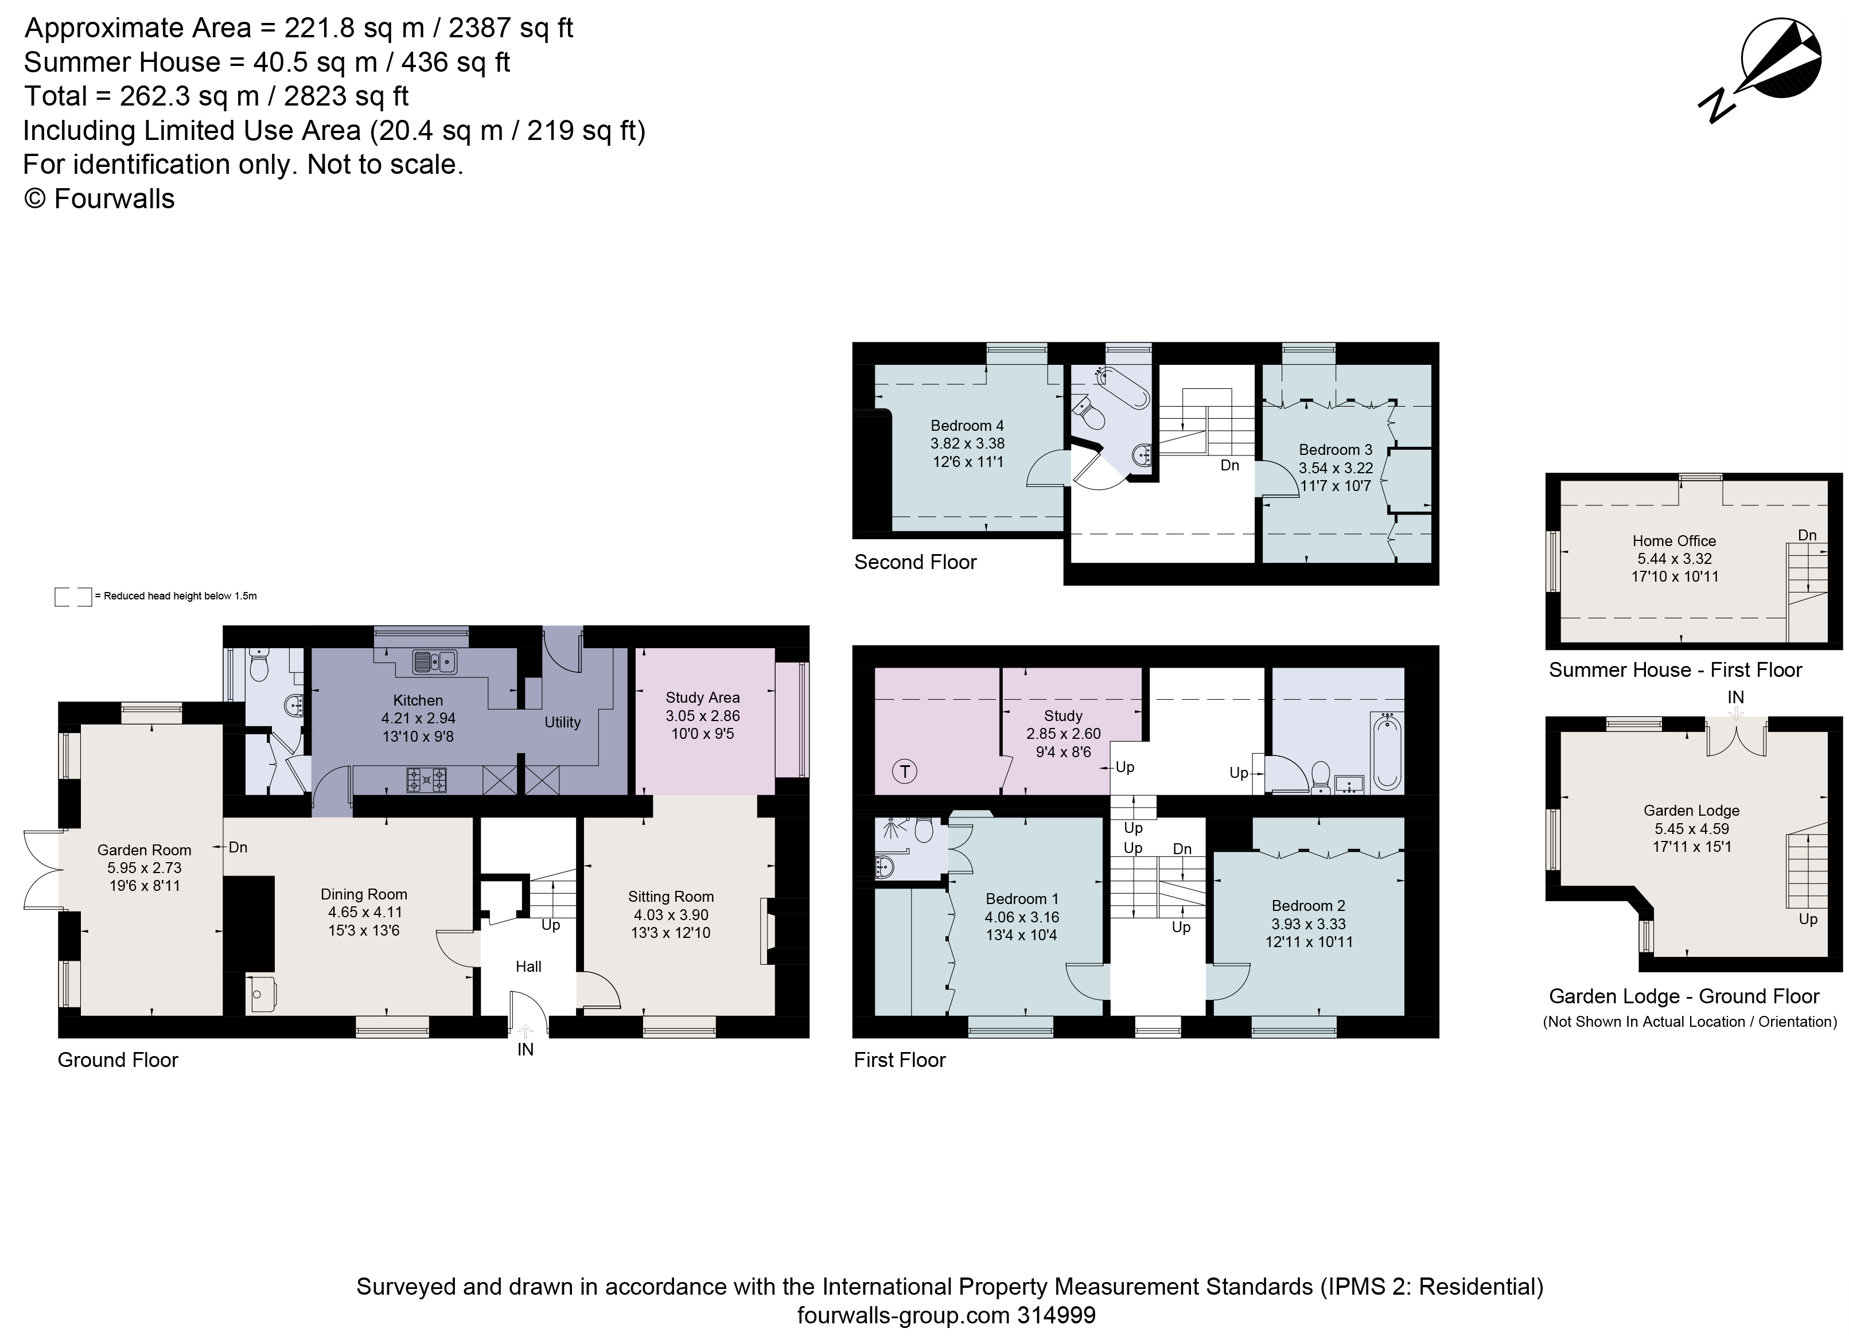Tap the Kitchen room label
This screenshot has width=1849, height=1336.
pyautogui.click(x=418, y=700)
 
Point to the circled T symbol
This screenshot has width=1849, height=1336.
pyautogui.click(x=904, y=770)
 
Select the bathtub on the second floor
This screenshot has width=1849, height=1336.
pyautogui.click(x=1123, y=387)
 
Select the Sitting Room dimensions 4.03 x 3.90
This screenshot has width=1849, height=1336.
pyautogui.click(x=670, y=914)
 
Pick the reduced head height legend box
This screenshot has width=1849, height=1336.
pyautogui.click(x=72, y=596)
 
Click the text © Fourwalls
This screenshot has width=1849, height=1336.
pyautogui.click(x=99, y=199)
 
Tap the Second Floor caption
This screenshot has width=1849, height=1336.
pyautogui.click(x=914, y=562)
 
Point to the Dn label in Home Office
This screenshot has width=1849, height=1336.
pyautogui.click(x=1807, y=535)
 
